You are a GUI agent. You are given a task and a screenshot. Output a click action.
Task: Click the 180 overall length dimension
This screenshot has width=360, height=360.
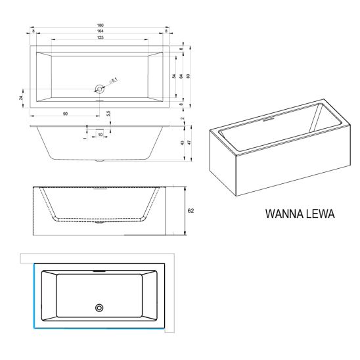[x=101, y=25]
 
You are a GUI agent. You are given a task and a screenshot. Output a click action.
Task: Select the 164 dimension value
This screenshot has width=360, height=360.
[x=101, y=31]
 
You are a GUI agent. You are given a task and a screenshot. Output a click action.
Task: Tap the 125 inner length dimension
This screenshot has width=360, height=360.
[x=101, y=37]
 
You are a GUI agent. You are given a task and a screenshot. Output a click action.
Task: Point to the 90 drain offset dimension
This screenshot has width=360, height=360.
[x=66, y=114]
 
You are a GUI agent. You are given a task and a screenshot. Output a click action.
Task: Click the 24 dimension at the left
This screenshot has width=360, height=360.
[x=21, y=98]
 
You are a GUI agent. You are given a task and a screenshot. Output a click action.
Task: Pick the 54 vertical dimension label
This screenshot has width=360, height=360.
[x=174, y=76]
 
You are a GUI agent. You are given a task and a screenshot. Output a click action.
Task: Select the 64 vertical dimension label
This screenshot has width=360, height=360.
[x=181, y=76]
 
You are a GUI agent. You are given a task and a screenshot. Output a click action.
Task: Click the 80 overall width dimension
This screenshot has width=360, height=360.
[x=189, y=76]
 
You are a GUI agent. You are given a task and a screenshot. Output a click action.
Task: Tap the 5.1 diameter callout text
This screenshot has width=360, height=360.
[x=113, y=81]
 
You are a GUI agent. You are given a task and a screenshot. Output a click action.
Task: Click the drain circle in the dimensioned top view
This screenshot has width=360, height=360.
[x=99, y=89]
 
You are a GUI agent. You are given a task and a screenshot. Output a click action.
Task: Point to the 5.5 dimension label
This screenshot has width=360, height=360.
[x=108, y=114]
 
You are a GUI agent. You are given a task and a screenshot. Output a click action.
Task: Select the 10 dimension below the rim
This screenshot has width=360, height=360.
[x=101, y=135]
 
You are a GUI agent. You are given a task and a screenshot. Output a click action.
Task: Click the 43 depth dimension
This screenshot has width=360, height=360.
[x=182, y=143]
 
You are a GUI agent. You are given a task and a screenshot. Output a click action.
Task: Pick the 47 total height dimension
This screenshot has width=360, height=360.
[x=189, y=143]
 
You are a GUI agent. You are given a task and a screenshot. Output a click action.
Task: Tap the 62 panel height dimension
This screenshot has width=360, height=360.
[x=191, y=210]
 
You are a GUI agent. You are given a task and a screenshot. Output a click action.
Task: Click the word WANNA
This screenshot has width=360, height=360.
[x=281, y=214]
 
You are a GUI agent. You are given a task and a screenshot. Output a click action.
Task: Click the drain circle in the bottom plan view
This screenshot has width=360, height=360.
[x=99, y=308]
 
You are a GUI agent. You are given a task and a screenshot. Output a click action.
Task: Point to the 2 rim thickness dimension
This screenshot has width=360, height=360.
[x=182, y=118]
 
